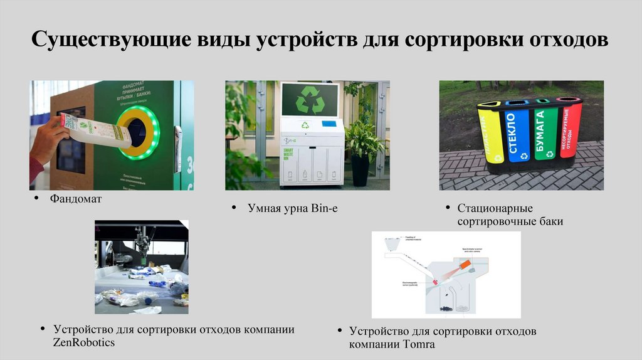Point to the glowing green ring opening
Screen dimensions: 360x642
pyautogui.click(x=139, y=132)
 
